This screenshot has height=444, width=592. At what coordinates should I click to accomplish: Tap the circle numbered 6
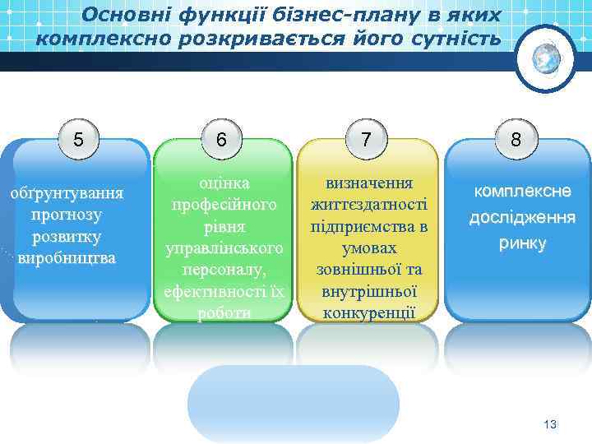pyautogui.click(x=222, y=140)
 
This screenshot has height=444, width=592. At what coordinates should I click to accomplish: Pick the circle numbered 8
pyautogui.click(x=515, y=139)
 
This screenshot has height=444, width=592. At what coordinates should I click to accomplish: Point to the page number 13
pyautogui.click(x=550, y=423)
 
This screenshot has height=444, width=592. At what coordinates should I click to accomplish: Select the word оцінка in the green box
pyautogui.click(x=223, y=182)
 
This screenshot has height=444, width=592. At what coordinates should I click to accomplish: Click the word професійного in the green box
pyautogui.click(x=223, y=203)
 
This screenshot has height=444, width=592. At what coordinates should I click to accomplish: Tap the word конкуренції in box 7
pyautogui.click(x=369, y=312)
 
